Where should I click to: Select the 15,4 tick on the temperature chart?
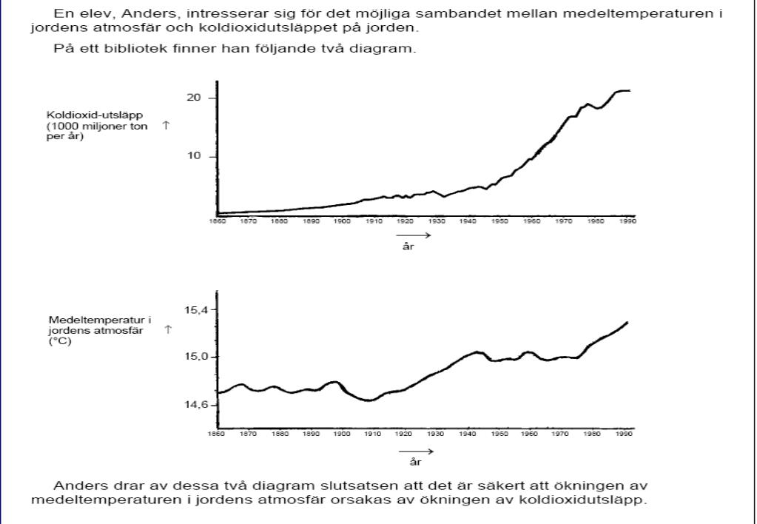click(198, 309)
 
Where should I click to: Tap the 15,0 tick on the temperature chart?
click(198, 357)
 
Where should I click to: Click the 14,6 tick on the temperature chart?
click(198, 406)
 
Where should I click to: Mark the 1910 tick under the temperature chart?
click(371, 435)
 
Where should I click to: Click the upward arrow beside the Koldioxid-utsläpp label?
click(166, 126)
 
